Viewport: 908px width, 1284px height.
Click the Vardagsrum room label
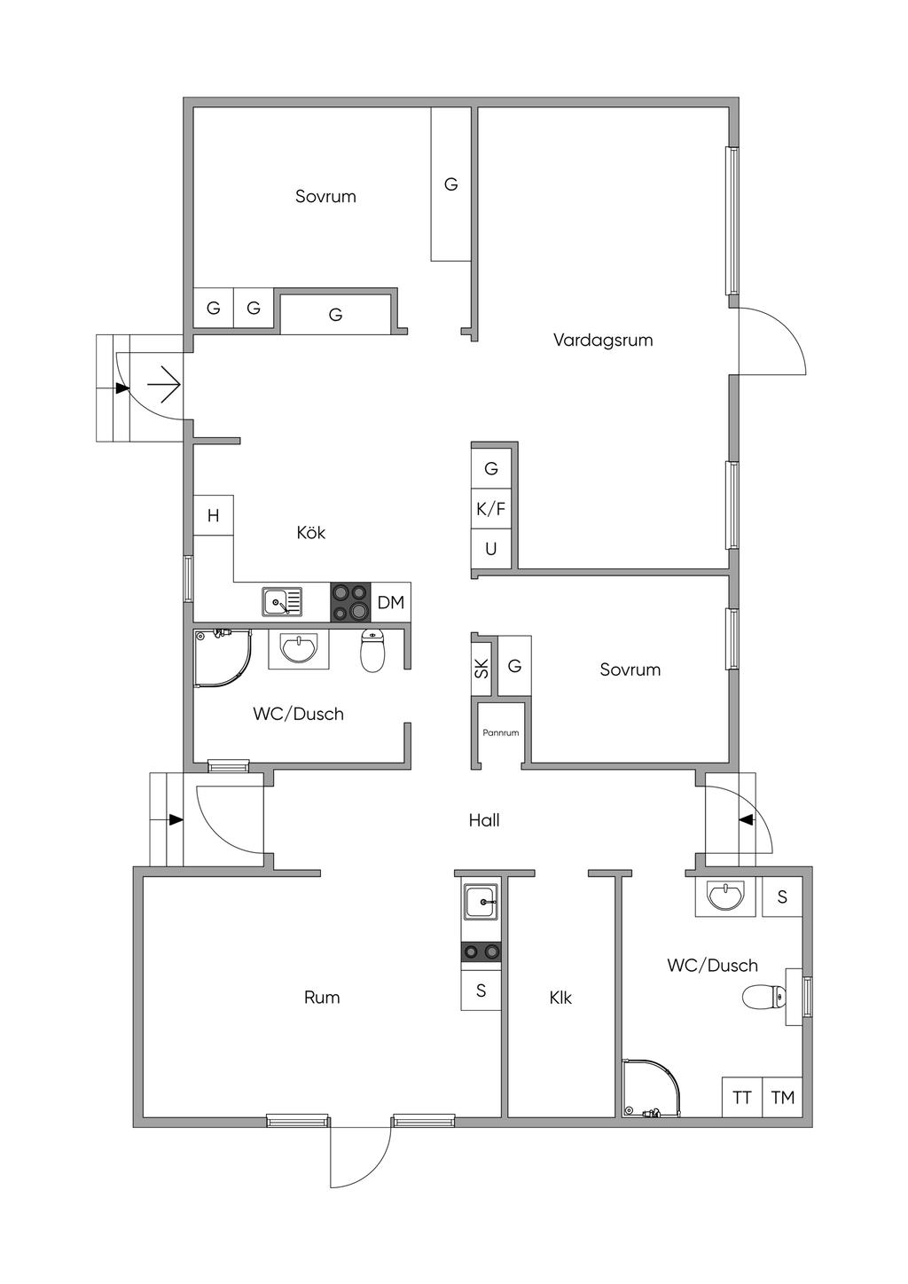603,340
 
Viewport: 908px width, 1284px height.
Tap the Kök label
310,533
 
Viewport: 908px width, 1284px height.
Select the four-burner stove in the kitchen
351,602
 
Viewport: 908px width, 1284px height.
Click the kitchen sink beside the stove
282,602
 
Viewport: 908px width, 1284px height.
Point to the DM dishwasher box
391,602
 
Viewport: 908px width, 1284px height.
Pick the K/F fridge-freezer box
491,509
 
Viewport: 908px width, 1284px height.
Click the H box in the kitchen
213,515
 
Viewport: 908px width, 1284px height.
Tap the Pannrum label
500,732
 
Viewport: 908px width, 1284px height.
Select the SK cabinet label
481,668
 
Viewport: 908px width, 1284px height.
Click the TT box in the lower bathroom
742,1097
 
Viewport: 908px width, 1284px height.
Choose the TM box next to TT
782,1097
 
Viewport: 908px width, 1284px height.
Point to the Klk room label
560,998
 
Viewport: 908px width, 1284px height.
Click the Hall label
484,820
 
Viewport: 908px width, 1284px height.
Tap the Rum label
322,998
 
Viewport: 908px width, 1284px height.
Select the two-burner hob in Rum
481,951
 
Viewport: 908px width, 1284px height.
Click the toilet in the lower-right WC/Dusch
763,997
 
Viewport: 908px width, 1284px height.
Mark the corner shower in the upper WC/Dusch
223,659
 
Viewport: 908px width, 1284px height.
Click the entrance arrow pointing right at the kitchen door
165,383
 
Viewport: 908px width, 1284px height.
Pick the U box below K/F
491,549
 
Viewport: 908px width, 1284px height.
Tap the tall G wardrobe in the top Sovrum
451,184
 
